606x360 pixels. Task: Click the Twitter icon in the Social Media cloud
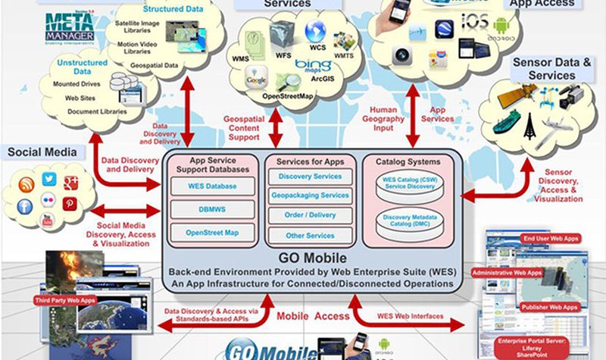click(50, 179)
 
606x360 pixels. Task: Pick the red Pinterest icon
click(70, 203)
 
